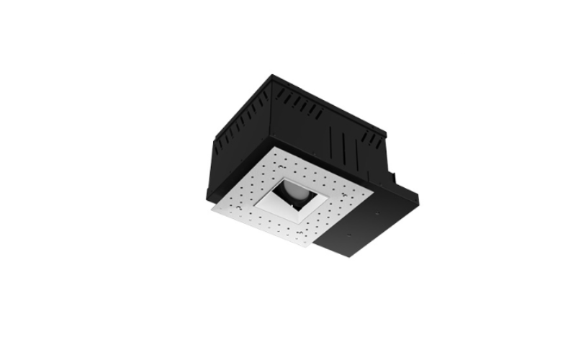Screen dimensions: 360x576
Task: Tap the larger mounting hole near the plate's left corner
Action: (223, 210)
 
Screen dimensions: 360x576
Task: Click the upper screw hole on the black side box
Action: (377, 214)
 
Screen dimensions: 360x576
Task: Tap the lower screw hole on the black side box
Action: (350, 234)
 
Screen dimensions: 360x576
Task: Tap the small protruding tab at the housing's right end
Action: (395, 175)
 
